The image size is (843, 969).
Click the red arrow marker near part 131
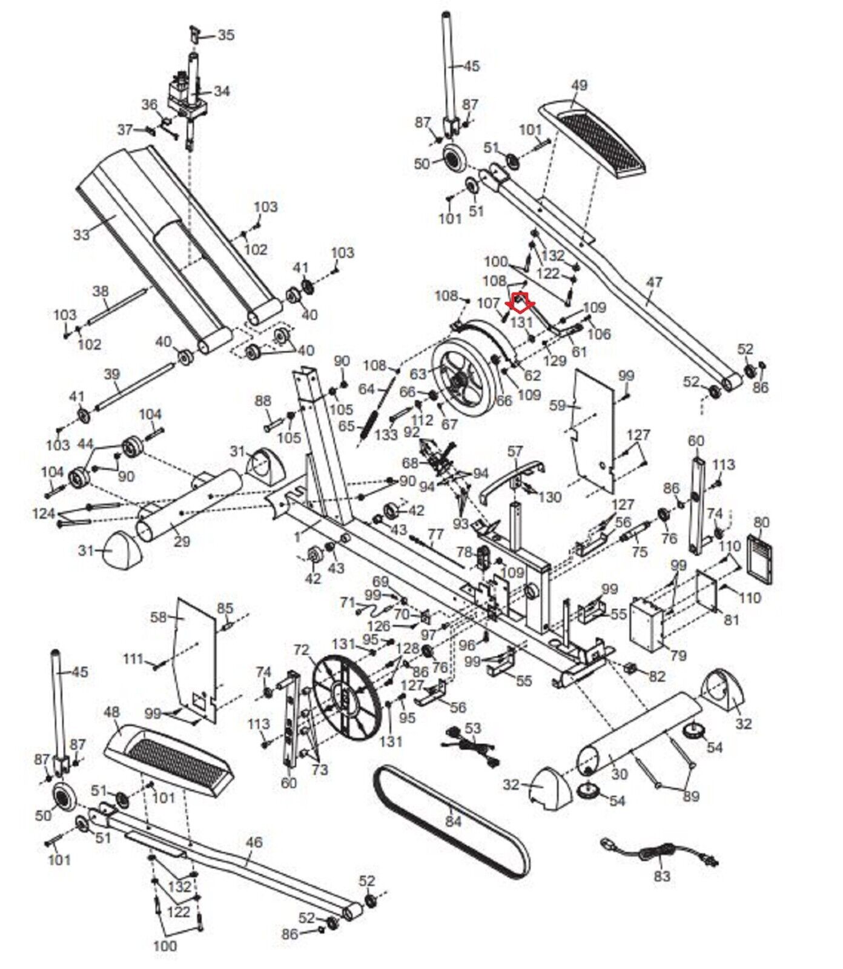(x=521, y=300)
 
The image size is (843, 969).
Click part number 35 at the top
(x=226, y=35)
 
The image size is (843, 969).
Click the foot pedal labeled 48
(x=168, y=761)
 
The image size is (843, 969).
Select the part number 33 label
(x=81, y=234)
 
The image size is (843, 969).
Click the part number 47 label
(x=654, y=282)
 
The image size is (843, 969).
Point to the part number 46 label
(x=254, y=842)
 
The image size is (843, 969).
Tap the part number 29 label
(x=182, y=541)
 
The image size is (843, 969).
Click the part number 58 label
(x=159, y=617)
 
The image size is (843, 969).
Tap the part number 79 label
(x=679, y=655)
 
